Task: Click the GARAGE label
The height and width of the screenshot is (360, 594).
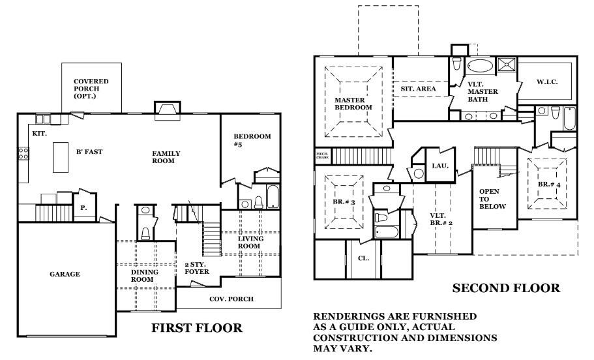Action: coord(65,275)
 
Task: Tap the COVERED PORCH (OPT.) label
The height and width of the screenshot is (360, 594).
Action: coord(91,89)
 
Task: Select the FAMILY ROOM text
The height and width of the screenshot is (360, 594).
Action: coord(166,157)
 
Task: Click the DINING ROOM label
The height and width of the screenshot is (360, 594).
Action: coord(141,275)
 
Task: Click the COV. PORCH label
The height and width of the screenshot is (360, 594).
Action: coord(231,299)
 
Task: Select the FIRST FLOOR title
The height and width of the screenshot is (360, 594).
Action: coord(196,328)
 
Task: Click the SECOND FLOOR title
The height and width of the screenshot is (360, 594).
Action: coord(506,288)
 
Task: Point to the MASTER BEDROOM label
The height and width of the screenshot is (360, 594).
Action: coord(353,104)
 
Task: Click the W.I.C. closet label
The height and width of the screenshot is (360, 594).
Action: coord(546,82)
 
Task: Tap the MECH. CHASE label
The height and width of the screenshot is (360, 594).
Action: coord(322,155)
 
